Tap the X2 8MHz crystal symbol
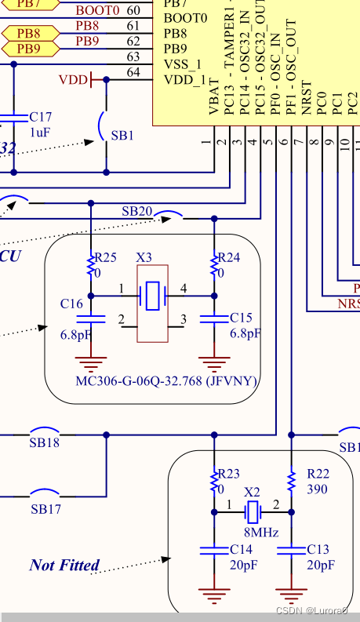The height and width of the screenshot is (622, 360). (252, 513)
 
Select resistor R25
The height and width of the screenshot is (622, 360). (91, 267)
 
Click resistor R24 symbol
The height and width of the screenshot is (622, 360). (213, 267)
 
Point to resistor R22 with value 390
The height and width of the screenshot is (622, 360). (291, 479)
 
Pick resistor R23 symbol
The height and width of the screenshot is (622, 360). (213, 479)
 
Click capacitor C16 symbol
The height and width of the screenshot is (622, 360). (91, 318)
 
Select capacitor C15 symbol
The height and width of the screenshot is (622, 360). (213, 318)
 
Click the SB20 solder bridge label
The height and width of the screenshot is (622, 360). (136, 211)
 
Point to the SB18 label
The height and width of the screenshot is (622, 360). (45, 443)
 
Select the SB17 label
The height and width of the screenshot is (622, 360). (45, 509)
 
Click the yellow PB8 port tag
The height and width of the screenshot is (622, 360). (29, 34)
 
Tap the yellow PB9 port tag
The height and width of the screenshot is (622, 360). (29, 49)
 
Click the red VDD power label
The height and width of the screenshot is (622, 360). (74, 80)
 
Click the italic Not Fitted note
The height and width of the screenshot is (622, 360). (64, 565)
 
